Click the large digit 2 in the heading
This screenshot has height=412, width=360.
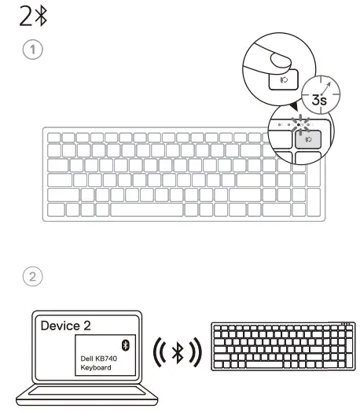pos(15,17)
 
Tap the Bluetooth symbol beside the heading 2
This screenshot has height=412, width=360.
pos(29,17)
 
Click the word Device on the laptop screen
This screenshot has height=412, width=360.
pos(60,323)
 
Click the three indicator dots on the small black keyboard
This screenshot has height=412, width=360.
pos(347,322)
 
